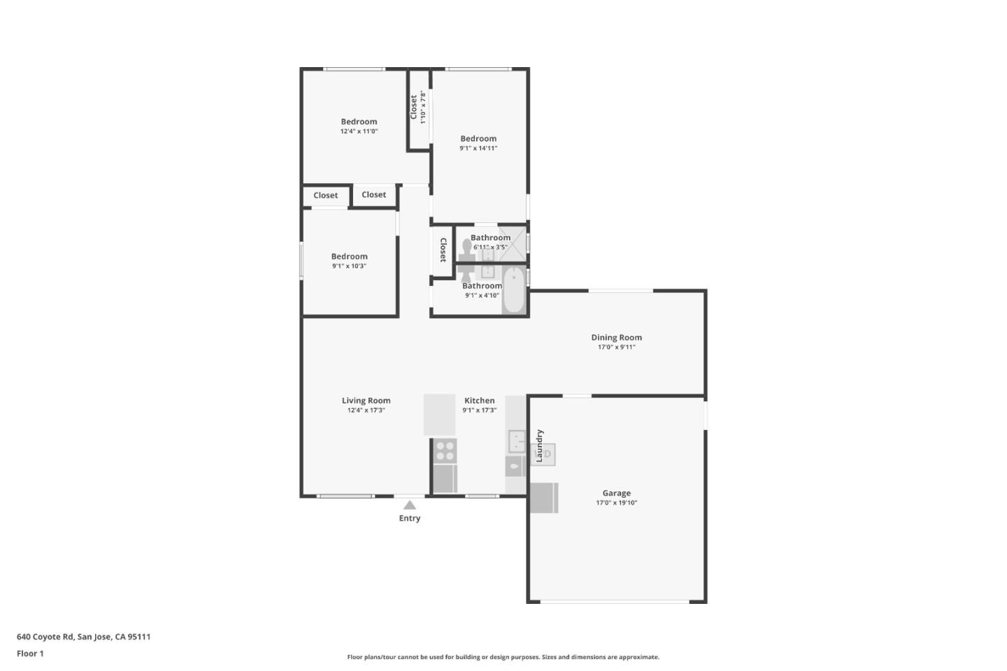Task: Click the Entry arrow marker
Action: [410, 505]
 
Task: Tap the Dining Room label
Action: [616, 338]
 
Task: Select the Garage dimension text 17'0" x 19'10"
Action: [616, 503]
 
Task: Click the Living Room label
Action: [366, 401]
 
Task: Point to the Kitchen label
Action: [479, 401]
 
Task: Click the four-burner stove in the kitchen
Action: [445, 450]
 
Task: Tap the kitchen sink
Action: [516, 441]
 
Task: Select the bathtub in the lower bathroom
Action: [514, 290]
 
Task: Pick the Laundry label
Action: [539, 445]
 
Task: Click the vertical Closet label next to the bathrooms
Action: [443, 250]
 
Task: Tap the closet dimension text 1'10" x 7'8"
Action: [423, 108]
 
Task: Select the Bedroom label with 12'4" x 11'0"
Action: [359, 122]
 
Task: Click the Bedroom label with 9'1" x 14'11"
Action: [478, 138]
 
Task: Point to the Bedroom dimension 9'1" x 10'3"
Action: [349, 266]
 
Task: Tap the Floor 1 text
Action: [30, 654]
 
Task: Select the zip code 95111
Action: [139, 637]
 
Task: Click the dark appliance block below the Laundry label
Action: [543, 498]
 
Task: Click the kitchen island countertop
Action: [439, 414]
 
